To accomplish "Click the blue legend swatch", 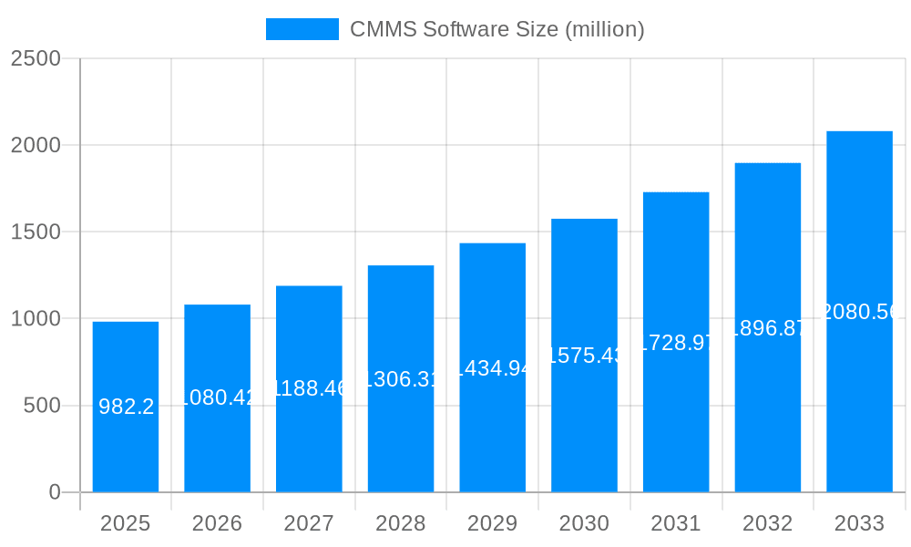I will [x=302, y=29].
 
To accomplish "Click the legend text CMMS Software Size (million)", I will [x=497, y=29].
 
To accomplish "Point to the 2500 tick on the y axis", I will [x=36, y=58].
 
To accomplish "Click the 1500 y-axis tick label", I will [x=36, y=232].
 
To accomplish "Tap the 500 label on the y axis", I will [x=42, y=406].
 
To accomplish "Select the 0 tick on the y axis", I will [x=54, y=492].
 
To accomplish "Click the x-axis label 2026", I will [x=217, y=523].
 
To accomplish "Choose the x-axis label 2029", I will [x=492, y=523].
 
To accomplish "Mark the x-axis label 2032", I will [x=767, y=523].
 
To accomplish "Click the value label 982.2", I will [x=126, y=407].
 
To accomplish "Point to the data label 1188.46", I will [x=309, y=388].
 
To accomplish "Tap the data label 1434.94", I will [x=492, y=368].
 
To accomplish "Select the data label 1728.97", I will [x=676, y=343].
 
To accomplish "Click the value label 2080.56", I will [x=859, y=312].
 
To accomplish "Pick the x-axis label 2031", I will [x=676, y=523].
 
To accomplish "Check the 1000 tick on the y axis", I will [x=36, y=319].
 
